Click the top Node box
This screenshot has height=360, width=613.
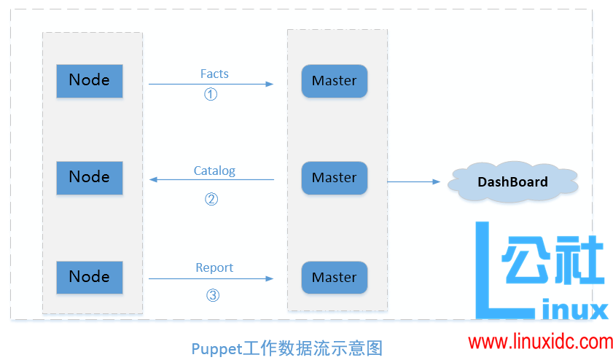tap(90, 80)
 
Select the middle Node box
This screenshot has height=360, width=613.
tap(90, 177)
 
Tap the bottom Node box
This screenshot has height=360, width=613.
tap(90, 277)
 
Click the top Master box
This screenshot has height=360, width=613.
tap(334, 81)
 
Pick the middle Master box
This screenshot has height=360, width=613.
tap(334, 178)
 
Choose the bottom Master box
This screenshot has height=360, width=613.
tap(334, 278)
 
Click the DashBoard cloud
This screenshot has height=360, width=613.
tap(513, 181)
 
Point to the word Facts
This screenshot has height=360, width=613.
tap(214, 74)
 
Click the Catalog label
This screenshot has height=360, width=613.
tap(214, 171)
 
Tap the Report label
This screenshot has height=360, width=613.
tap(214, 267)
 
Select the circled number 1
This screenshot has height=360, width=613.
tap(211, 95)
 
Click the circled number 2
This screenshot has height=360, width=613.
tap(211, 199)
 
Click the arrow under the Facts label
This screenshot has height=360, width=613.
tap(211, 84)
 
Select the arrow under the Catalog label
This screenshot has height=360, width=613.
tap(211, 179)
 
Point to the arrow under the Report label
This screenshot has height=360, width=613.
tap(211, 278)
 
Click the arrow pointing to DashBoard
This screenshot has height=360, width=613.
tap(414, 181)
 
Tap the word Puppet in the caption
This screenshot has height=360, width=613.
tap(216, 348)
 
